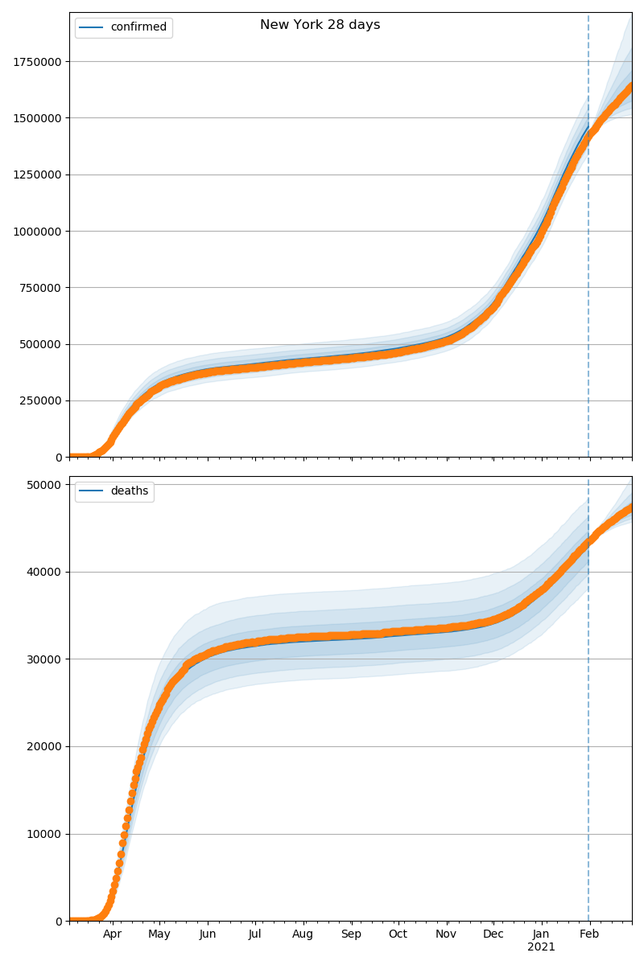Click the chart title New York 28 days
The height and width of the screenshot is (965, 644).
tap(320, 25)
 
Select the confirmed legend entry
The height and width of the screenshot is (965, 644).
tap(138, 27)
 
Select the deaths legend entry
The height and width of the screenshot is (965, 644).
tap(129, 491)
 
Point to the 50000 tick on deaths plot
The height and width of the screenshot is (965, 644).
tap(45, 485)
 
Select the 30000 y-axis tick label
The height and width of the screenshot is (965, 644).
tap(45, 659)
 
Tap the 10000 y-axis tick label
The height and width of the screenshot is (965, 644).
tap(45, 834)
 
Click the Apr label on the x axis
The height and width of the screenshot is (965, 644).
tap(112, 934)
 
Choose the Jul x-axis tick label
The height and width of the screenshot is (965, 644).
tap(254, 934)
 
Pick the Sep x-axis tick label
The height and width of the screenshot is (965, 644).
tap(351, 934)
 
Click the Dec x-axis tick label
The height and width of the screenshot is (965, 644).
tap(493, 934)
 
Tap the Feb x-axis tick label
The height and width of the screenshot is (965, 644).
tap(589, 934)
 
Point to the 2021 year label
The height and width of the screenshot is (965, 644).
tap(541, 947)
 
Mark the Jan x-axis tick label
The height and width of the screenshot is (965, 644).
tap(541, 934)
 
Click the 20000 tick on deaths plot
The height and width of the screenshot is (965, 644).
tap(45, 746)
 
